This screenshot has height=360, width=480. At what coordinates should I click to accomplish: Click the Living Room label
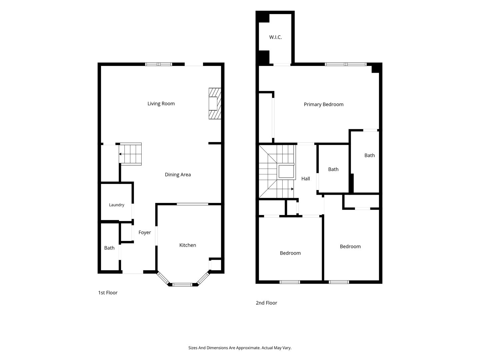click(161, 104)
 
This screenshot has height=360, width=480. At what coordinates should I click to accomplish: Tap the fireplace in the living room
click(215, 103)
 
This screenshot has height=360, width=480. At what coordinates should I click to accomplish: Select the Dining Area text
click(178, 174)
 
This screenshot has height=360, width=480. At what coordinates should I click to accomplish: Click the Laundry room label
click(117, 205)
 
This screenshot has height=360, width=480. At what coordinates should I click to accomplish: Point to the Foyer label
click(145, 232)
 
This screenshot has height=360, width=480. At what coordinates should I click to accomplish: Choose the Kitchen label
click(188, 245)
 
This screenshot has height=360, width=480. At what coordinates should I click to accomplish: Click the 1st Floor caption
click(108, 292)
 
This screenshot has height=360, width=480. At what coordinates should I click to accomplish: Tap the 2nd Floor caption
click(266, 303)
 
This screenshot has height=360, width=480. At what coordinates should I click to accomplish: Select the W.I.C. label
click(275, 37)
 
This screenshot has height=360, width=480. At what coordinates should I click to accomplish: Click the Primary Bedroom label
click(324, 104)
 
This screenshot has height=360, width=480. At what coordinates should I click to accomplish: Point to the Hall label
click(305, 179)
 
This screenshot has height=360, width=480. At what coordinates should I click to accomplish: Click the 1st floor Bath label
click(109, 248)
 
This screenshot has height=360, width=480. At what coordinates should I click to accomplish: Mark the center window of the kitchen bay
click(182, 285)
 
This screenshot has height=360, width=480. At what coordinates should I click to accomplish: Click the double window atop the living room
click(159, 64)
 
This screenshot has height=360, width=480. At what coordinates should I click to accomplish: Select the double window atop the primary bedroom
click(346, 64)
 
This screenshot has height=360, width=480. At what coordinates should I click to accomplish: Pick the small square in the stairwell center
click(286, 172)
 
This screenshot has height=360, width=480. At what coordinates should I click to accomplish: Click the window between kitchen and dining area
click(192, 204)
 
